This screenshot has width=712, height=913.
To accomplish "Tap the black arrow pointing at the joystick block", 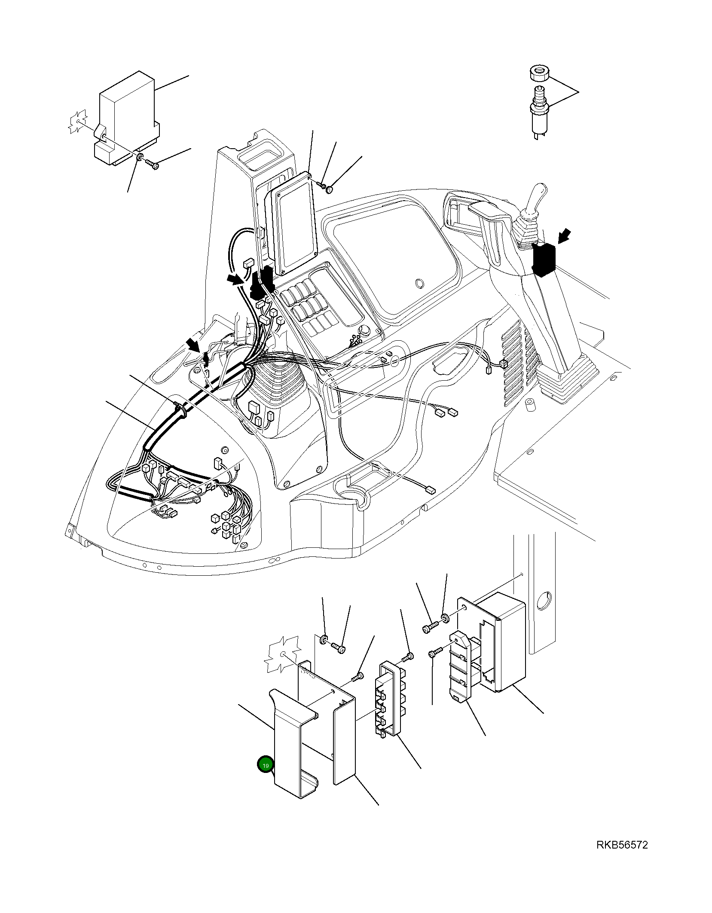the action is pos(565,236).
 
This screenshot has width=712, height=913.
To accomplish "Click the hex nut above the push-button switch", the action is pos(539,73).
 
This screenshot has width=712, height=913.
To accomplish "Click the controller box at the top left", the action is pos(126,119).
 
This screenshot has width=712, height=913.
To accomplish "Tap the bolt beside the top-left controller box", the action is pos(152,163).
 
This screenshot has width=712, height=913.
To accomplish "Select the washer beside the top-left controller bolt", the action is pos(139,158).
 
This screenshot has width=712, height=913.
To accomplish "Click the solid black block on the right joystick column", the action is pos(544,259).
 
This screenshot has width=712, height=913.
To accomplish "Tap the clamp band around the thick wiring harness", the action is pos(180,409).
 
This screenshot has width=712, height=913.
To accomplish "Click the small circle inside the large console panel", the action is pos(418,284).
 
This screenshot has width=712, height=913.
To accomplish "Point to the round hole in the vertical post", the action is pos(544,600).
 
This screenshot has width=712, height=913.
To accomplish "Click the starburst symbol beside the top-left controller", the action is pos(78,122).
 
